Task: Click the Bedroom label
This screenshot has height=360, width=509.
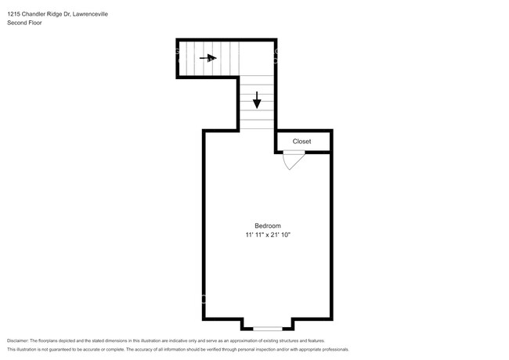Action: pyautogui.click(x=267, y=225)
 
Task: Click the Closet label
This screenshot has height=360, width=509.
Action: pyautogui.click(x=301, y=142)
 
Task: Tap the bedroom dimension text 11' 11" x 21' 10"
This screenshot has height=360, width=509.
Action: pyautogui.click(x=267, y=235)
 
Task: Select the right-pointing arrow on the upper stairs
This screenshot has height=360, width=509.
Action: pyautogui.click(x=208, y=57)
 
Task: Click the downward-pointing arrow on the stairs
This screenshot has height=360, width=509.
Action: pyautogui.click(x=257, y=100)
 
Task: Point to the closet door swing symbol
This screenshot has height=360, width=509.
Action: pyautogui.click(x=291, y=161)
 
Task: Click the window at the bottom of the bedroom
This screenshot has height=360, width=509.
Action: pyautogui.click(x=267, y=327)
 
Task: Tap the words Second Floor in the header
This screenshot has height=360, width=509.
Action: pyautogui.click(x=24, y=23)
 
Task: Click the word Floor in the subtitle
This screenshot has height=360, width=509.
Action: pyautogui.click(x=35, y=23)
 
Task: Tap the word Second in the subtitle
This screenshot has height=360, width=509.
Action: pyautogui.click(x=16, y=23)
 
